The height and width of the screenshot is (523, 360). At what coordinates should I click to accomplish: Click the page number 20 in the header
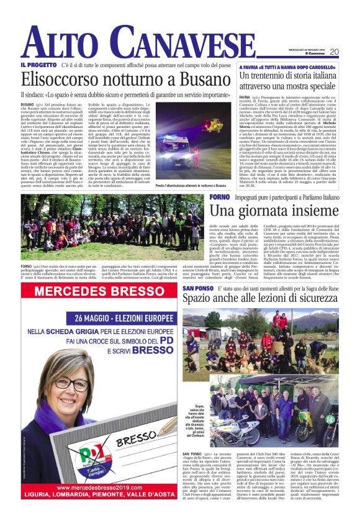click(x=334, y=52)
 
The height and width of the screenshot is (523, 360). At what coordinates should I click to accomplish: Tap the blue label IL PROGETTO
click(x=39, y=65)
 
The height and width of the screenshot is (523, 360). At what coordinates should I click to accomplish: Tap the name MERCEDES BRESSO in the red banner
click(x=102, y=293)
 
